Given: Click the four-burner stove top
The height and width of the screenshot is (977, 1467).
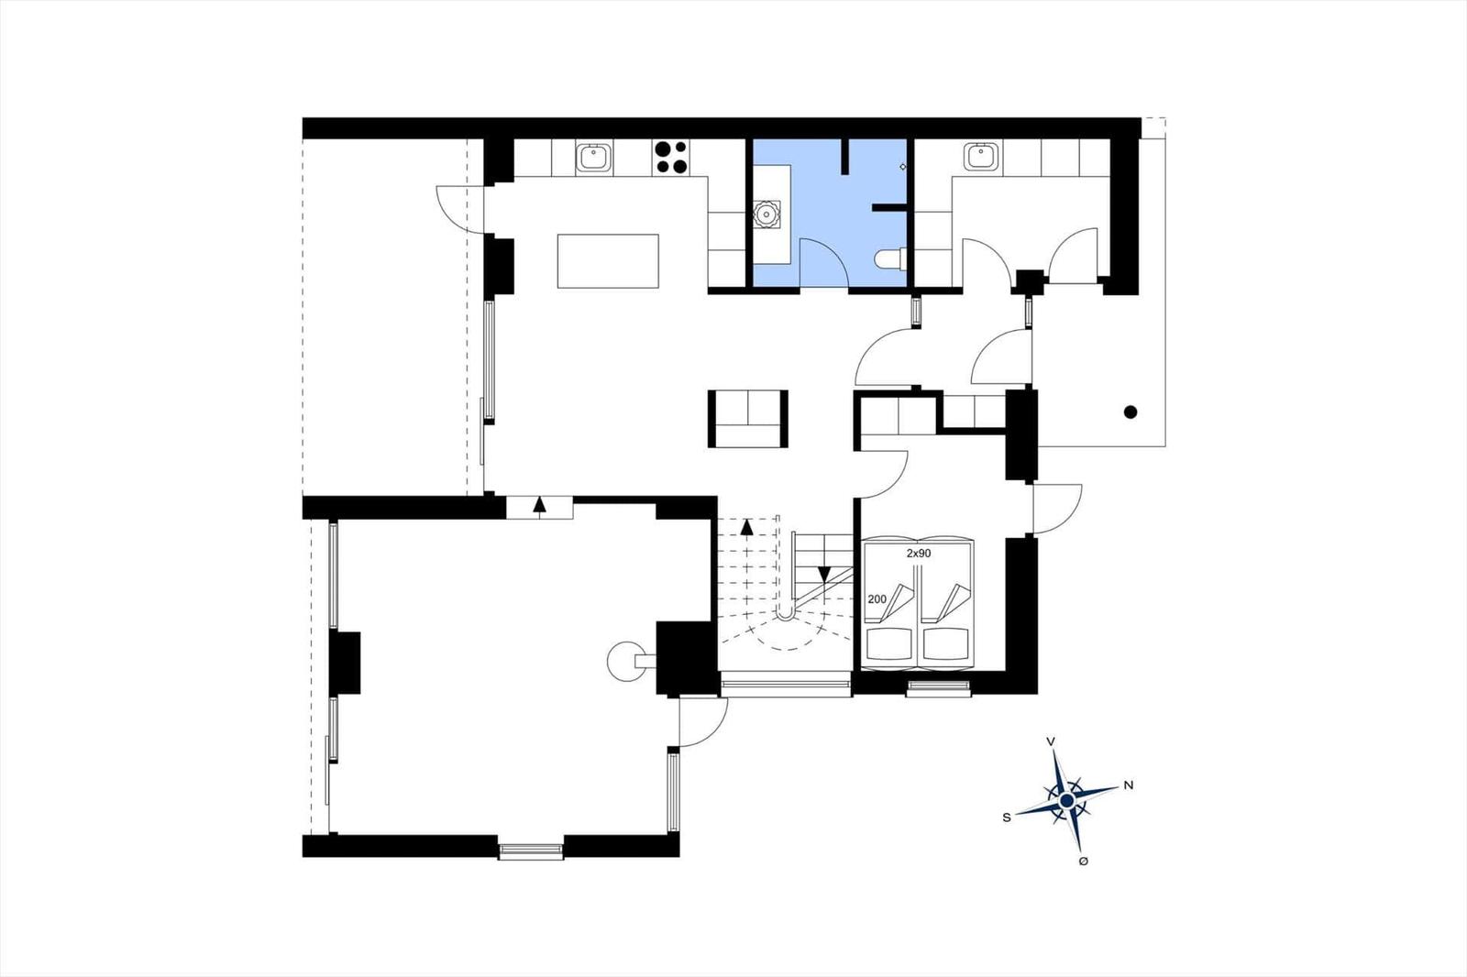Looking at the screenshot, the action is (x=671, y=157).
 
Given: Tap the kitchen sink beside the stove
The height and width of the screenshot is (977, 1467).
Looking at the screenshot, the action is (x=595, y=157).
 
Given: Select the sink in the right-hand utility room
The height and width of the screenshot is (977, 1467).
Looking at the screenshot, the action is (x=981, y=157).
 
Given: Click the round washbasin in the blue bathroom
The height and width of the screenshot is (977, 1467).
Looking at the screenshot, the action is (x=765, y=214).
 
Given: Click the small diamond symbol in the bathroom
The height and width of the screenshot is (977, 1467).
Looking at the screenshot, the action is (x=902, y=167).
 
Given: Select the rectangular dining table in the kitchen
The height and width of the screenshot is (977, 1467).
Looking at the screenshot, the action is (x=608, y=260).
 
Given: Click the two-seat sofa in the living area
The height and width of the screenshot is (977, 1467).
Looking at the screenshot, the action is (x=748, y=419).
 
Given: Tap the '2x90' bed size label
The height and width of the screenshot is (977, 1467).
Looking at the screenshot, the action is (x=918, y=554).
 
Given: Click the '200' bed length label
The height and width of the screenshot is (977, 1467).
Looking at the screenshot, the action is (x=877, y=599).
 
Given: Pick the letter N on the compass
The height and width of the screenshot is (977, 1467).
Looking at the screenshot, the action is (x=1129, y=785).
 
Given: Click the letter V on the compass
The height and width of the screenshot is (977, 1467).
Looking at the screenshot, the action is (x=1051, y=742).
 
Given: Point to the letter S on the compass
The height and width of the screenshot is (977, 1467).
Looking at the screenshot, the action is (x=1007, y=818).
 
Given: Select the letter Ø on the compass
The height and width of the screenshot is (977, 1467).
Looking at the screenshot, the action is (x=1083, y=862).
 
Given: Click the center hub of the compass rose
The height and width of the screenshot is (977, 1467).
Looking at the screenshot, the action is (x=1067, y=801).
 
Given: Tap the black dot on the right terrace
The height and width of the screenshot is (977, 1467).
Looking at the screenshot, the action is (x=1131, y=412).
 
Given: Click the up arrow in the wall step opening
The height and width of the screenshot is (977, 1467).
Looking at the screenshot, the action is (x=540, y=506).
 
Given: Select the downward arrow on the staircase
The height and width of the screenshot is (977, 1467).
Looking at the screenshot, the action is (x=824, y=575).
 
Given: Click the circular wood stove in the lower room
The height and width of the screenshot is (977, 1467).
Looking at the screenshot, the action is (x=626, y=662).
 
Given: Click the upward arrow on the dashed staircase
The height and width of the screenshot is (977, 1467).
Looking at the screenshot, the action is (x=746, y=527).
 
